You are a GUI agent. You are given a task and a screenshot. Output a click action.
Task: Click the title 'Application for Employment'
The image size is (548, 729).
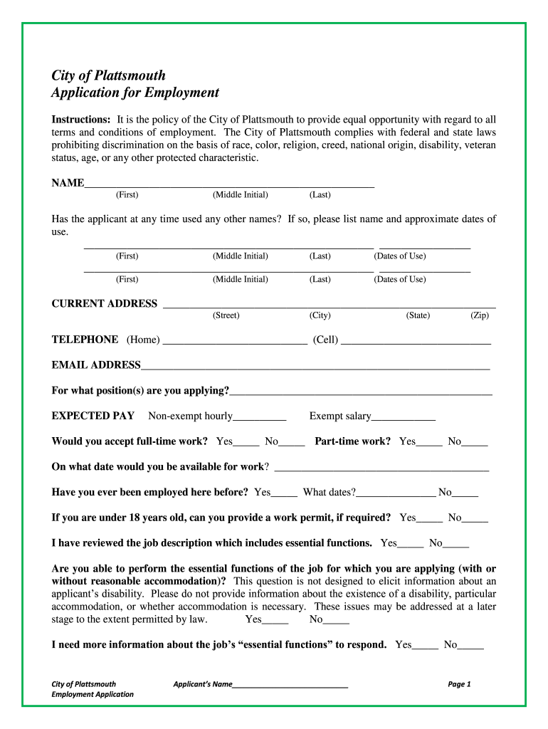135,93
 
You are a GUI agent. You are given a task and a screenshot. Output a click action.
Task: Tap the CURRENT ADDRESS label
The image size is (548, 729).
105,304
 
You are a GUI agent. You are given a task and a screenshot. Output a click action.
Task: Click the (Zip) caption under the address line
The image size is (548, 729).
480,315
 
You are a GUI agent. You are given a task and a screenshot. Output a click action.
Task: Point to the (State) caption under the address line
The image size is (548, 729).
418,315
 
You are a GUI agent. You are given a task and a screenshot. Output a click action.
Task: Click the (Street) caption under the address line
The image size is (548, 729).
226,315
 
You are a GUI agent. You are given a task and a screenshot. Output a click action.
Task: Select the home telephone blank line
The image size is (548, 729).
235,341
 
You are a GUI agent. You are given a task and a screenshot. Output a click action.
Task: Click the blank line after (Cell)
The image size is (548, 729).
416,341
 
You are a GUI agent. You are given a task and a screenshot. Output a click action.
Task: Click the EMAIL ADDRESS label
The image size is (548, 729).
96,365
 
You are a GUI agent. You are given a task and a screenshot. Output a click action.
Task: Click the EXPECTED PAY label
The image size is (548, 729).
93,416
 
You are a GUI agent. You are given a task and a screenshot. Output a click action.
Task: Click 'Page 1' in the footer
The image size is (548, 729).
459,684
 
